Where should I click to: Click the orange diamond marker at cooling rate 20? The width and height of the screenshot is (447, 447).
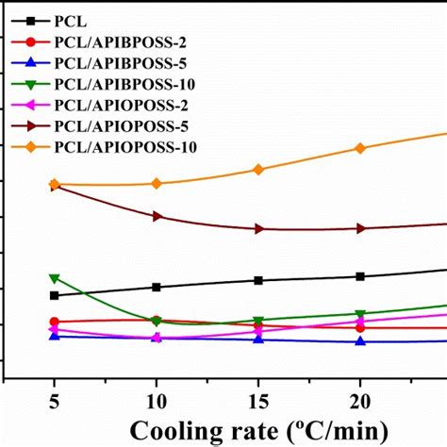point(359,148)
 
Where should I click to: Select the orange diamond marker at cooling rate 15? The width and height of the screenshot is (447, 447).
point(257,169)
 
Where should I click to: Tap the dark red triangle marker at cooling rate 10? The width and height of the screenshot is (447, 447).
point(157,216)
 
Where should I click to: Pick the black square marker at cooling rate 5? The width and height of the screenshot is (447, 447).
point(54,295)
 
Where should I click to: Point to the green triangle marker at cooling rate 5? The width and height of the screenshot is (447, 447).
point(54,278)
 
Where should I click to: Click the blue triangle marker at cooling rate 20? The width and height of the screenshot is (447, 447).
point(359,341)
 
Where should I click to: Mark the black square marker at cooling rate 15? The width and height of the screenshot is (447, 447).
point(257,280)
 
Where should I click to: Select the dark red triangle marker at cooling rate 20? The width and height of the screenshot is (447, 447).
point(359,228)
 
